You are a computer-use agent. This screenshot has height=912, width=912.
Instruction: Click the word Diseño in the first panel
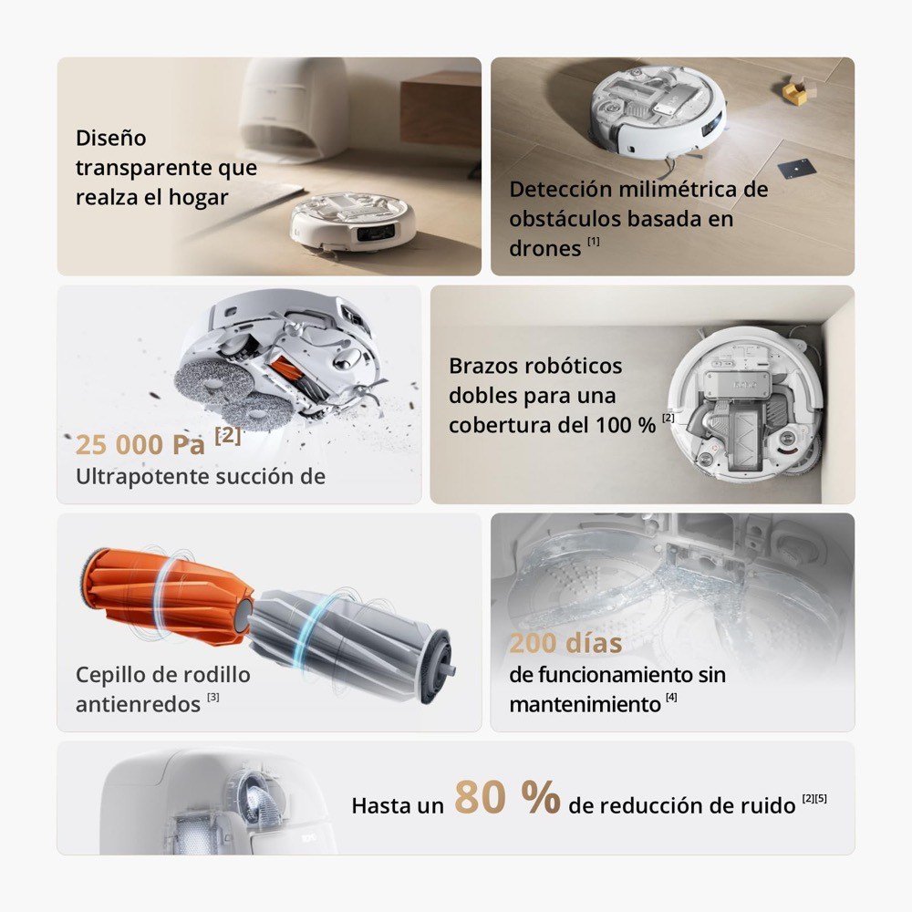pyautogui.click(x=110, y=138)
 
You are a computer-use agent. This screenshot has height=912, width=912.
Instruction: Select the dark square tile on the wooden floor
pyautogui.click(x=796, y=168)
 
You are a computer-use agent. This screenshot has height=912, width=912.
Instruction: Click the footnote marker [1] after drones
pyautogui.click(x=594, y=241)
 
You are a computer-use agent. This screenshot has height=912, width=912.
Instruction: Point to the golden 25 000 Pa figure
pyautogui.click(x=140, y=445)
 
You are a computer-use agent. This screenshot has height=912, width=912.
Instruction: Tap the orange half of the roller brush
pyautogui.click(x=165, y=595)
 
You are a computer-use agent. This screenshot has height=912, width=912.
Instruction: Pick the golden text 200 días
pyautogui.click(x=565, y=643)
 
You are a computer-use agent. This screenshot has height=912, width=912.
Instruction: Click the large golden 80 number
pyautogui.click(x=480, y=797)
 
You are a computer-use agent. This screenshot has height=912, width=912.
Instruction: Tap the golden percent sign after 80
pyautogui.click(x=540, y=797)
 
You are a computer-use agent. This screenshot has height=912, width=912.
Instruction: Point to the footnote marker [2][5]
pyautogui.click(x=814, y=798)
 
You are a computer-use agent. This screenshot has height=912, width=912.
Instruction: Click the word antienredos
pyautogui.click(x=138, y=704)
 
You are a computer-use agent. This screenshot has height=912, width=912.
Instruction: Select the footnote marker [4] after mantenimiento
pyautogui.click(x=671, y=697)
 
